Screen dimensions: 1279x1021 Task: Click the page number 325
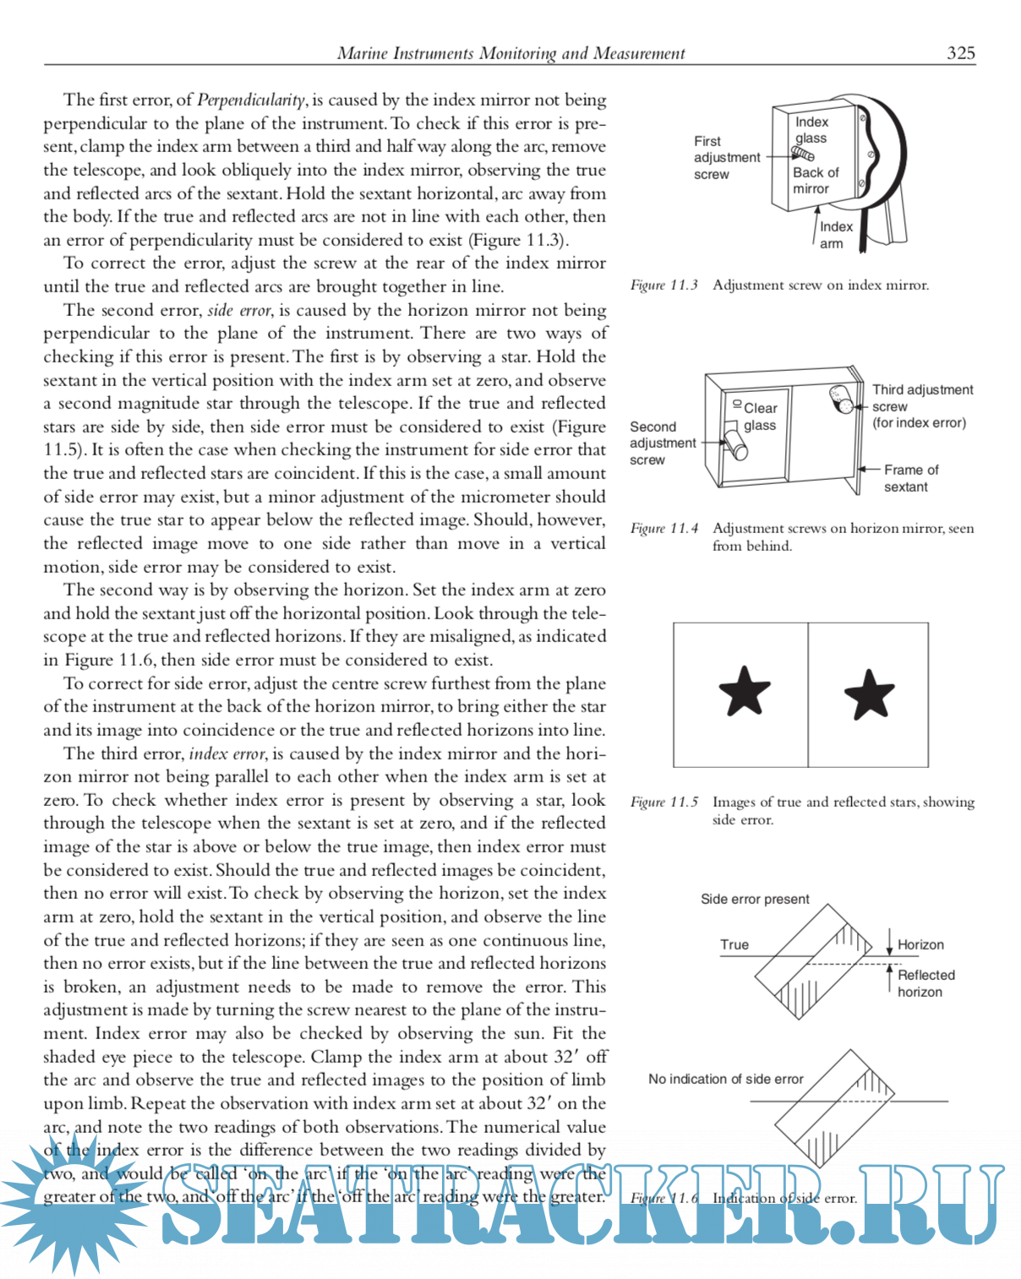(x=961, y=53)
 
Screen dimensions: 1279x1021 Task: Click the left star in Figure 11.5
(x=745, y=691)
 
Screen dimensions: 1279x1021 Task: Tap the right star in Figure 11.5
(x=869, y=694)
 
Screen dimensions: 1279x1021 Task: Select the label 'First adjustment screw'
(x=726, y=158)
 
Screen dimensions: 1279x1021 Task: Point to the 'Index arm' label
(x=835, y=235)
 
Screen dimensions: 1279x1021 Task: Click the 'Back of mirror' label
(x=815, y=180)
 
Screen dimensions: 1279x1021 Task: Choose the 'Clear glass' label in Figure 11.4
(x=760, y=416)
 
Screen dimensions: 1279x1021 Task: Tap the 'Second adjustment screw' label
(x=662, y=444)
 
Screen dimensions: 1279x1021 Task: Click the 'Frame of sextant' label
(x=909, y=478)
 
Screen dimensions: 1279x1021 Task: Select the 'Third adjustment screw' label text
(x=922, y=405)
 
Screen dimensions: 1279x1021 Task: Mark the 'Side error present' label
(x=755, y=899)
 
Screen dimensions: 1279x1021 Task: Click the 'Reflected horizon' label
(x=925, y=983)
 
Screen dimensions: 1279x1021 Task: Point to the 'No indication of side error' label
(x=725, y=1079)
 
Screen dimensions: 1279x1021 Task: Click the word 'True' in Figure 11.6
(x=734, y=944)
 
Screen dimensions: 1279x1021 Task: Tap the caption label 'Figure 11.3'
(x=664, y=285)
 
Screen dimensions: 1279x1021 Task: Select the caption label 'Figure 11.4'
(x=664, y=528)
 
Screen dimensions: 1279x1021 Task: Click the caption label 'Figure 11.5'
(x=664, y=802)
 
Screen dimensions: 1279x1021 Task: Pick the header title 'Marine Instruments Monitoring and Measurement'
(x=511, y=53)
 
